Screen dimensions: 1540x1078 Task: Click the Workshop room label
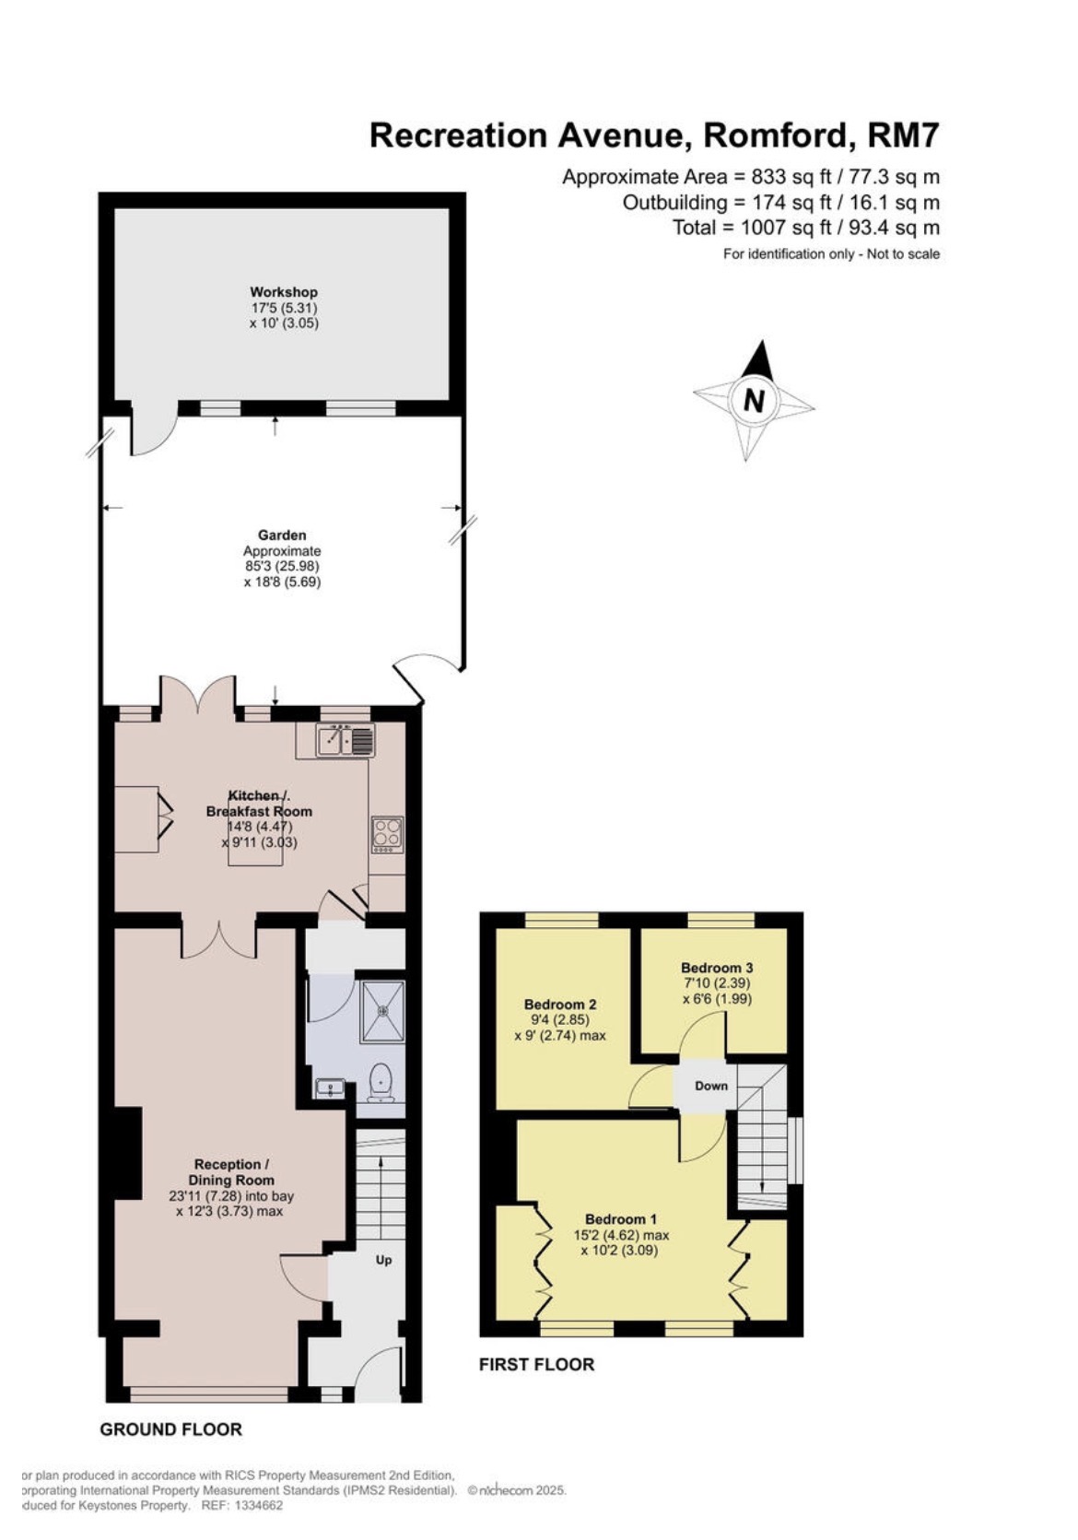pyautogui.click(x=284, y=292)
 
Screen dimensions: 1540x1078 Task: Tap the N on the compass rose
pyautogui.click(x=754, y=401)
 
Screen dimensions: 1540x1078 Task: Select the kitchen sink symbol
pyautogui.click(x=345, y=739)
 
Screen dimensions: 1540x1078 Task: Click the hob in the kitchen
pyautogui.click(x=387, y=834)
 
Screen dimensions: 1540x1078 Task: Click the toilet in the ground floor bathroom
pyautogui.click(x=381, y=1082)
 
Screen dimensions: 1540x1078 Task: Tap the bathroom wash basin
pyautogui.click(x=329, y=1088)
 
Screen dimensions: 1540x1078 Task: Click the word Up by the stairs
pyautogui.click(x=383, y=1259)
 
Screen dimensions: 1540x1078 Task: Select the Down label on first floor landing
pyautogui.click(x=710, y=1086)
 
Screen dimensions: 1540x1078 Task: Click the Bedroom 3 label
pyautogui.click(x=717, y=968)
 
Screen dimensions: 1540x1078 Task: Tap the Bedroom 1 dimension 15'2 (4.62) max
pyautogui.click(x=621, y=1235)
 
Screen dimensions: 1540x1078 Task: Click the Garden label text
pyautogui.click(x=282, y=535)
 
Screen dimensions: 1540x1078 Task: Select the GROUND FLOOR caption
pyautogui.click(x=170, y=1429)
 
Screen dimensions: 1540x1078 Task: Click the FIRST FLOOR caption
pyautogui.click(x=536, y=1365)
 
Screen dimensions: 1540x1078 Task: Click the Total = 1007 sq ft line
pyautogui.click(x=805, y=228)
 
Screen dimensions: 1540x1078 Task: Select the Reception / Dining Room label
pyautogui.click(x=230, y=1172)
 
